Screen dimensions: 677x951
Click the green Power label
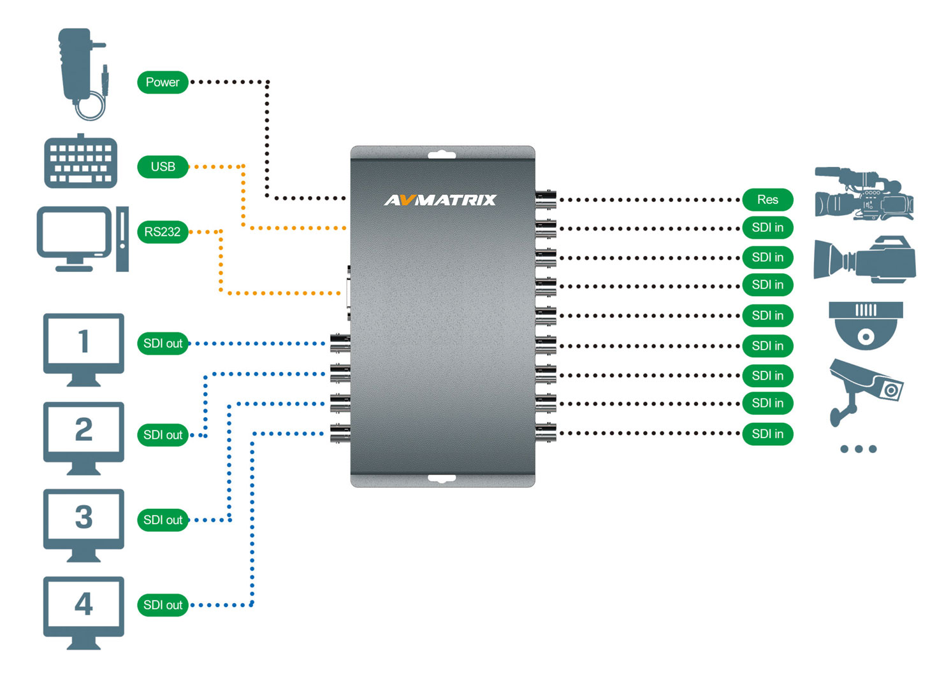163,82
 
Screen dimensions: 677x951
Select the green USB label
163,167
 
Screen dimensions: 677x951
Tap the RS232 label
163,232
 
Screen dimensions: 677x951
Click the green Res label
767,200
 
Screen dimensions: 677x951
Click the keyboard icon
81,162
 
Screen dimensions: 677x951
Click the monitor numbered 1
83,348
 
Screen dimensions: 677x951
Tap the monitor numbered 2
83,437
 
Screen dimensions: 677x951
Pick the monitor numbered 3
83,524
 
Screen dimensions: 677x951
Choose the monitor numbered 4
83,611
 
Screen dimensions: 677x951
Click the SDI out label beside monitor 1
163,344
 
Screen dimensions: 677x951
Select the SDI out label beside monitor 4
163,605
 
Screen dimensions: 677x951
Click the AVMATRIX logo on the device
440,200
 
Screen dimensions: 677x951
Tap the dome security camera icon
866,325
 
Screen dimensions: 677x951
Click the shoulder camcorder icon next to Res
864,194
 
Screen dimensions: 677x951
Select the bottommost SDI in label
767,434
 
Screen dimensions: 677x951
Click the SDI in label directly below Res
767,228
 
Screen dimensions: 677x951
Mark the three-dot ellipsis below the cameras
858,449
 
